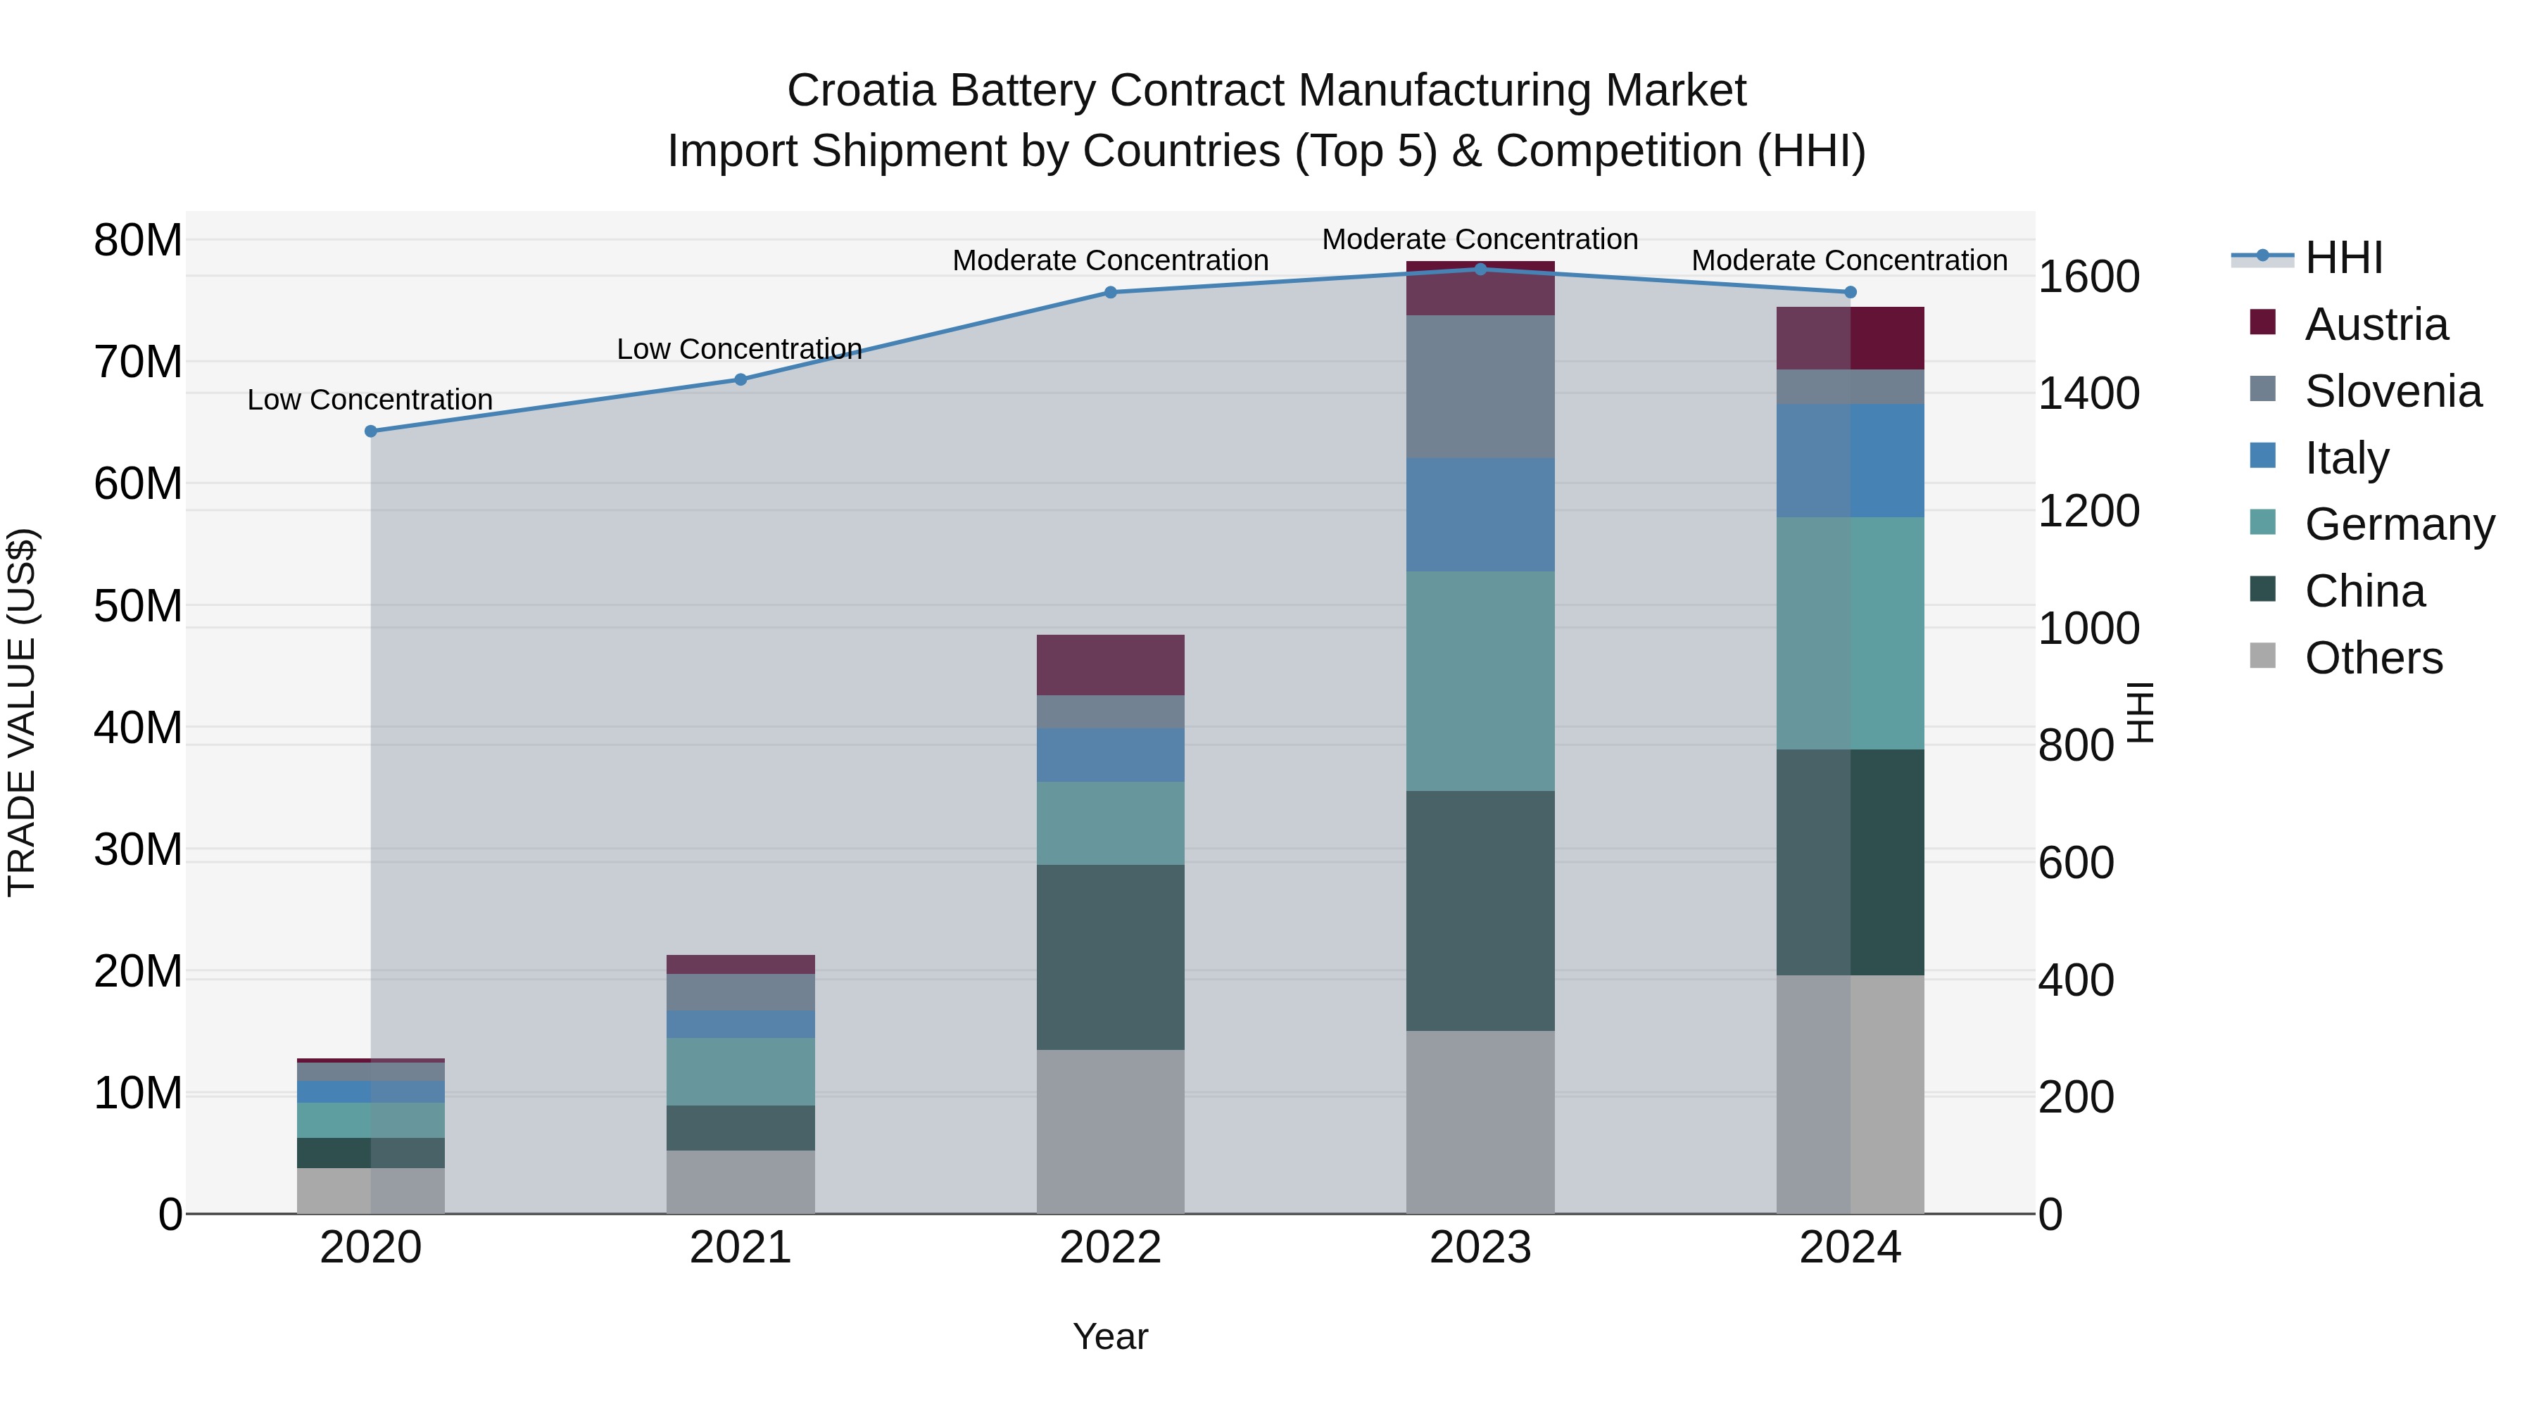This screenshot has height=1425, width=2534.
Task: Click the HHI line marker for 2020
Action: (x=371, y=431)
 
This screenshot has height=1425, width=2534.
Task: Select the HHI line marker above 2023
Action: (x=1480, y=269)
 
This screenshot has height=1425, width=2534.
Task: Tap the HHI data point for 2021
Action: (x=740, y=379)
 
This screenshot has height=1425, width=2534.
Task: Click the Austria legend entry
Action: (x=2375, y=324)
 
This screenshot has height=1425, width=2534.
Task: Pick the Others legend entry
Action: (x=2373, y=658)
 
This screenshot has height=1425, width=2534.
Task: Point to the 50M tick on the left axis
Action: (x=138, y=606)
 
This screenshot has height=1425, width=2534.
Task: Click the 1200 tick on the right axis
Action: (x=2088, y=510)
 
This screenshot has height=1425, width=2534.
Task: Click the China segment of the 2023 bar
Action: (x=1480, y=910)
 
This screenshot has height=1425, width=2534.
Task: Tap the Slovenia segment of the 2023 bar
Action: (x=1480, y=386)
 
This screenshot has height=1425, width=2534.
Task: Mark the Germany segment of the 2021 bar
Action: (x=740, y=1071)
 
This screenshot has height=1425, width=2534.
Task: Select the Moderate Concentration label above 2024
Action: (x=1848, y=260)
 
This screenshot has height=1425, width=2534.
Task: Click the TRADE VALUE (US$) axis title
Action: (x=22, y=712)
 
